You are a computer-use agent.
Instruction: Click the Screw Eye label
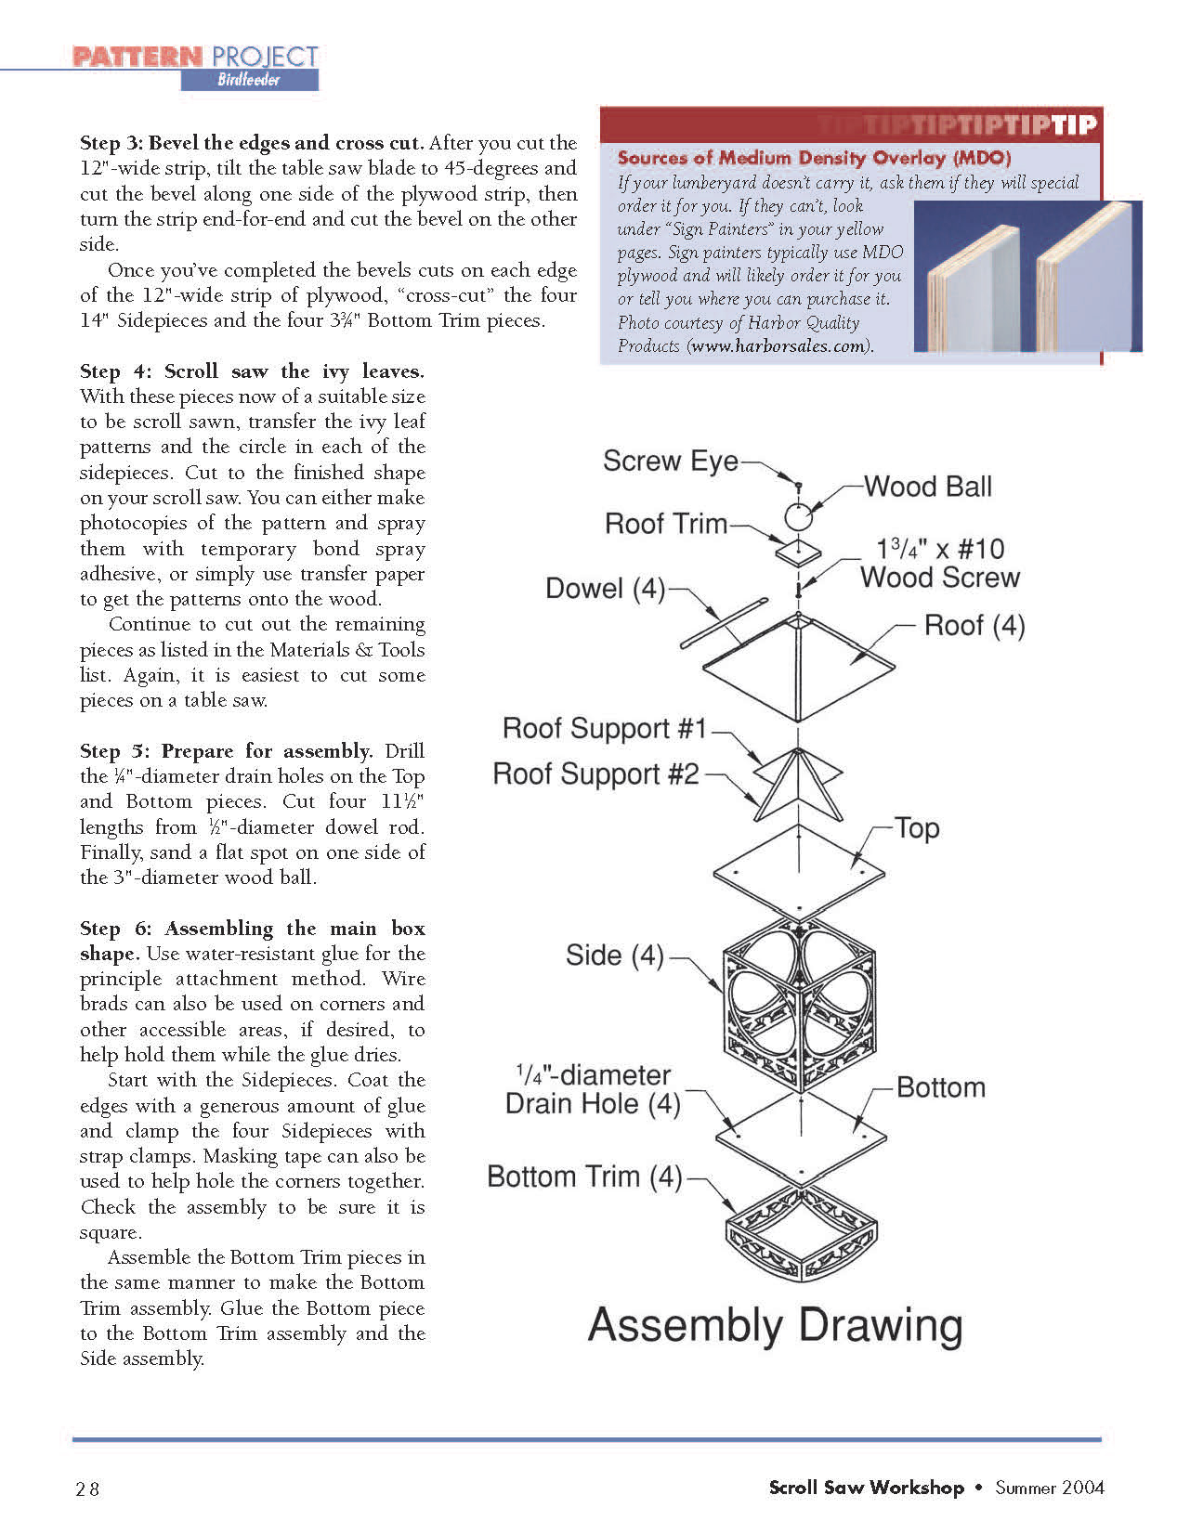coord(670,461)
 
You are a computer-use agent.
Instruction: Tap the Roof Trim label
coord(666,524)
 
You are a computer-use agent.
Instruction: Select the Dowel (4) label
coord(605,589)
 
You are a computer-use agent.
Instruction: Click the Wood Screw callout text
coord(939,563)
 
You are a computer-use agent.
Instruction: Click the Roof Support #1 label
coord(605,728)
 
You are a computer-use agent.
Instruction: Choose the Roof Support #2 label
coord(595,773)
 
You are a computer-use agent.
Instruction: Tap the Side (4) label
coord(614,955)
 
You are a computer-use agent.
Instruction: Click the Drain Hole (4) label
coord(592,1090)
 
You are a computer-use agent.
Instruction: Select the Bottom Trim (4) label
coord(584,1176)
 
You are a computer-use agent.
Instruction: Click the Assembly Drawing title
coord(775,1325)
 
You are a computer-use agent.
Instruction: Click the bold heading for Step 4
coord(252,371)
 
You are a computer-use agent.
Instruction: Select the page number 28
coord(87,1488)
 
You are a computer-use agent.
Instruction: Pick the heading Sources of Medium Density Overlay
coord(814,157)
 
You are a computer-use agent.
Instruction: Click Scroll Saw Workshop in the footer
coord(866,1488)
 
